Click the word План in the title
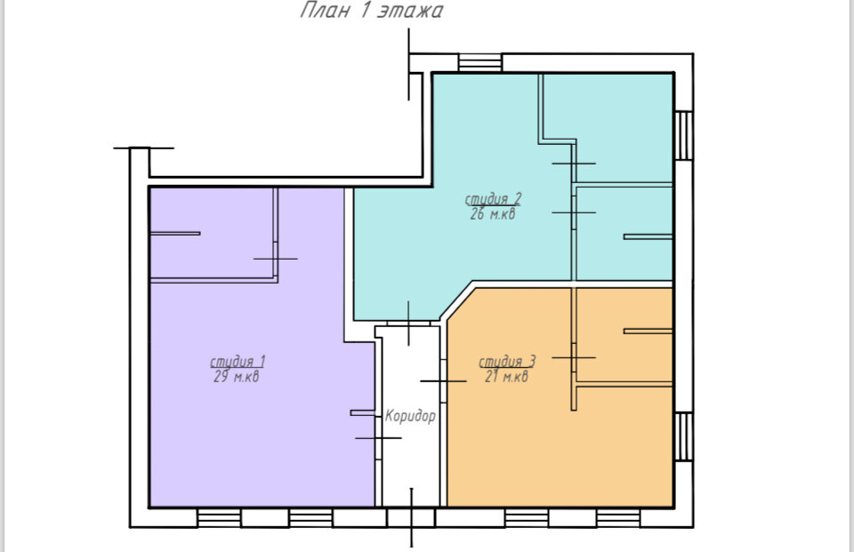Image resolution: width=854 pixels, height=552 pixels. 325,10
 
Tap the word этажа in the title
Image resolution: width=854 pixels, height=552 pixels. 410,11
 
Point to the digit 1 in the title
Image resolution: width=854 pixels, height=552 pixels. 364,10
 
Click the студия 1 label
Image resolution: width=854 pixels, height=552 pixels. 238,362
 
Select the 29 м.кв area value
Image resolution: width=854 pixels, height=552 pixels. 237,376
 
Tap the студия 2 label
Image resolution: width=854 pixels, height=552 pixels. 493,199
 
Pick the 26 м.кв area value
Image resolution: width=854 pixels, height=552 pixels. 492,213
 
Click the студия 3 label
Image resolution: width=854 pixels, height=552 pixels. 507,362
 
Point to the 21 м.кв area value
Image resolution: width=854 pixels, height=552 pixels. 506,376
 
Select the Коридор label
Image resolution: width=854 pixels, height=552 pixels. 410,416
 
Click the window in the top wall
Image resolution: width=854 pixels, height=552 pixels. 479,62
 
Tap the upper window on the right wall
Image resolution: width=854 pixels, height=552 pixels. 683,135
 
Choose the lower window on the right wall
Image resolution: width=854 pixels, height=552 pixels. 683,436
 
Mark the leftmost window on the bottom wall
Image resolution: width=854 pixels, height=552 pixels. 219,517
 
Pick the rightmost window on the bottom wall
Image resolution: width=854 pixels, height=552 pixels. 618,517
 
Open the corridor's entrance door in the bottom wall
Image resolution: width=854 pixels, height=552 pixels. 411,517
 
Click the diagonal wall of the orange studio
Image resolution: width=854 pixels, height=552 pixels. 456,301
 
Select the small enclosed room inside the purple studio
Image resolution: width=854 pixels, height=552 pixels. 212,234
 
